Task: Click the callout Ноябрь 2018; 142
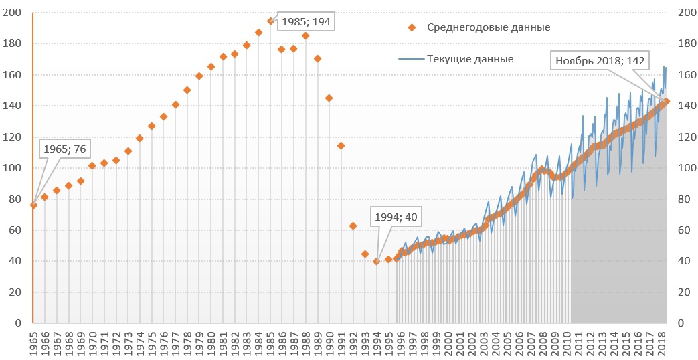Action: click(x=600, y=61)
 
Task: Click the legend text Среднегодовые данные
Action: click(x=489, y=27)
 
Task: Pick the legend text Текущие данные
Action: click(x=470, y=59)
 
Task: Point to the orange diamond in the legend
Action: click(x=412, y=27)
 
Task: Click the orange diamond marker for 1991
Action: click(x=341, y=145)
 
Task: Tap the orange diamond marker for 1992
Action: click(x=353, y=226)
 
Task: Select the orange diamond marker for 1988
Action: click(x=305, y=36)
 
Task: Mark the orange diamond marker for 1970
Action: click(x=92, y=165)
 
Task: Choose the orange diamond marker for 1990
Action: click(x=329, y=98)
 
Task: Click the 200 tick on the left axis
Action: click(x=13, y=13)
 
